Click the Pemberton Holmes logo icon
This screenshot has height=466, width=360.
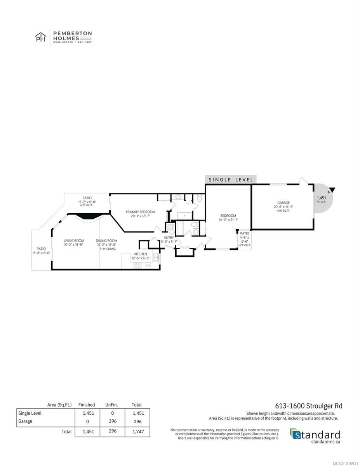[x=40, y=38]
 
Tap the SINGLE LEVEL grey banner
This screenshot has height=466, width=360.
[x=231, y=179]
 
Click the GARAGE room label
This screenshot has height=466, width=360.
[x=283, y=203]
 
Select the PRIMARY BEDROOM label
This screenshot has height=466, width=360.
[x=140, y=212]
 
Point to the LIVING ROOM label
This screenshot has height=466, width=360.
[x=74, y=241]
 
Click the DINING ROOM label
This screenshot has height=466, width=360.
[x=106, y=241]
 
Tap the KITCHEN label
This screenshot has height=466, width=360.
[x=141, y=254]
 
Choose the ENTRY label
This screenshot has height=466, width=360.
[x=169, y=238]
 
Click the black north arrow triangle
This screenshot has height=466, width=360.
[x=332, y=190]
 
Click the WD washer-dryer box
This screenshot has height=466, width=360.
[x=170, y=227]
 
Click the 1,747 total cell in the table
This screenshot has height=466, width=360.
[x=138, y=431]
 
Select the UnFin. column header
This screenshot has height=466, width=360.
[x=111, y=405]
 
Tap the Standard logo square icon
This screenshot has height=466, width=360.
[x=295, y=434]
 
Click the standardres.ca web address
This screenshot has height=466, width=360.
[x=326, y=441]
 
